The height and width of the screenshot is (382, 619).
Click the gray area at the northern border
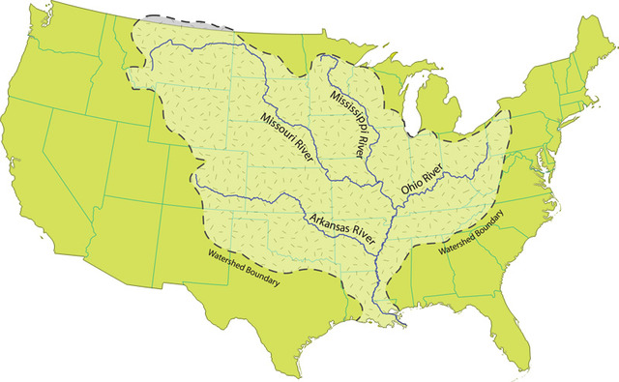[170, 18]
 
